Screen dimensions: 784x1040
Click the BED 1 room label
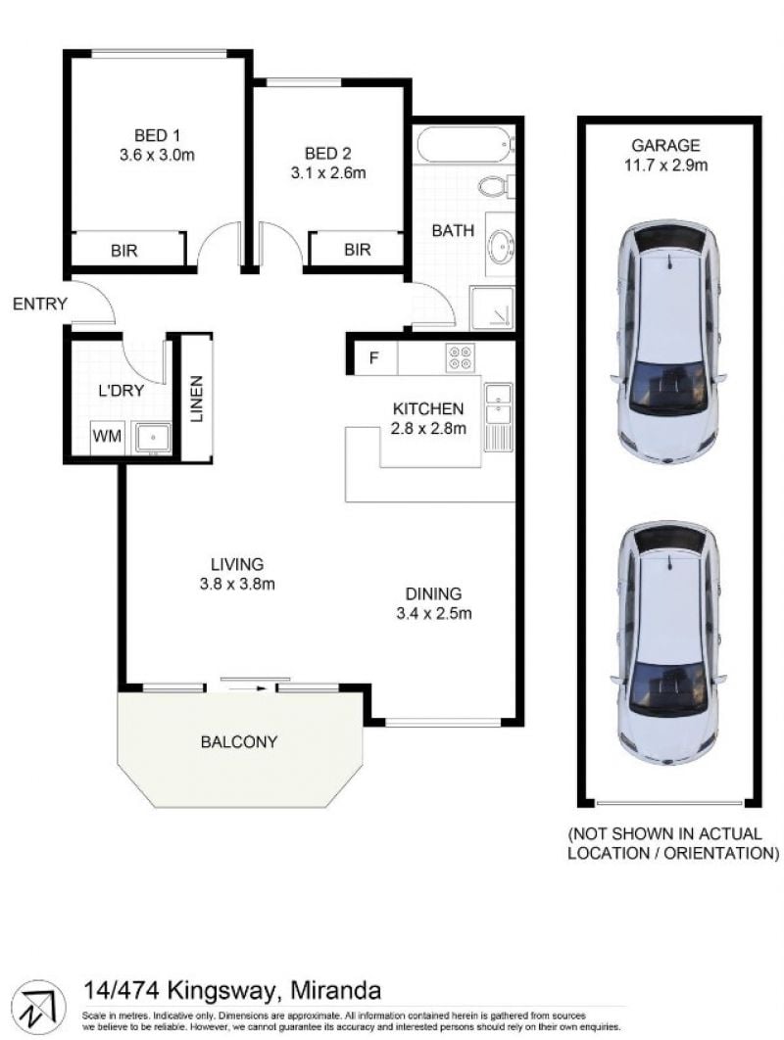pos(157,136)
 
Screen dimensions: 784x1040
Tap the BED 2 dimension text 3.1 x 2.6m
pos(328,173)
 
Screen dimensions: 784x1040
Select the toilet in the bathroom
pos(497,186)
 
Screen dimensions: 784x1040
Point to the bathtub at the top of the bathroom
pos(465,144)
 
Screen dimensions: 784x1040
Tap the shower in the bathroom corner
pos(492,308)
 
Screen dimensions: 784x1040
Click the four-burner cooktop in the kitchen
pos(460,358)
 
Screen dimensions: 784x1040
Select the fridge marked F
pos(374,358)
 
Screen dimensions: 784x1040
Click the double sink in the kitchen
pos(498,417)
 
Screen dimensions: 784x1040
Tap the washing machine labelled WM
pos(107,436)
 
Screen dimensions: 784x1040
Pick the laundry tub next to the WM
pos(152,439)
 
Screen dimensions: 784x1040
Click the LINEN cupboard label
pos(197,399)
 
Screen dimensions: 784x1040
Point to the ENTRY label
pos(40,304)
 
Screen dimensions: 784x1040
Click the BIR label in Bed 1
pos(124,251)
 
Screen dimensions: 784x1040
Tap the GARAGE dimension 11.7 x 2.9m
pos(665,165)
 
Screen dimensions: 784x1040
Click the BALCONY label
pos(239,741)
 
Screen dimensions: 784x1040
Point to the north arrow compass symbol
pos(39,1007)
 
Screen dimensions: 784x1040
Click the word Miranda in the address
pos(336,991)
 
